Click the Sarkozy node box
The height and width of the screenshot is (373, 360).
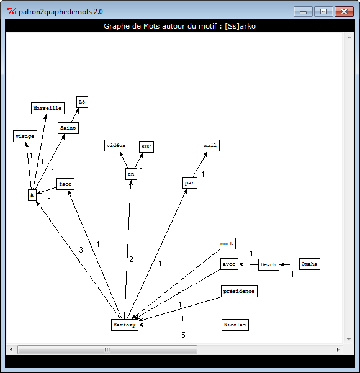(125, 325)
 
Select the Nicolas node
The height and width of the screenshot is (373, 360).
(235, 325)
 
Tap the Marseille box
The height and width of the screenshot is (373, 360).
(48, 108)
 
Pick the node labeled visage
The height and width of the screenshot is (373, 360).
(25, 136)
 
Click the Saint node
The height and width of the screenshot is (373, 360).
(68, 128)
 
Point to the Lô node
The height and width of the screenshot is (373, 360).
(82, 102)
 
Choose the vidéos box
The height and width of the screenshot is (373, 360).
(116, 145)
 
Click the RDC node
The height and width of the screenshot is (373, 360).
(146, 146)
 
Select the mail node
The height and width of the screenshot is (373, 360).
(210, 145)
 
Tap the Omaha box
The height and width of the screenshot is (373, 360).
(310, 264)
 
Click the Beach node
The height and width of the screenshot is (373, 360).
(269, 264)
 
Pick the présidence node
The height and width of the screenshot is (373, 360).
(239, 291)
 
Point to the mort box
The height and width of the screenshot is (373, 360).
(227, 243)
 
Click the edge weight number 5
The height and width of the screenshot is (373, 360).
(183, 335)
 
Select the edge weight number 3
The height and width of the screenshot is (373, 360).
(81, 250)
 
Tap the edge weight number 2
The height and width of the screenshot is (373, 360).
(131, 259)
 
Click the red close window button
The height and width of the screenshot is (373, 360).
(344, 11)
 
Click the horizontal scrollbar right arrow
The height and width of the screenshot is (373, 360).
(338, 349)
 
